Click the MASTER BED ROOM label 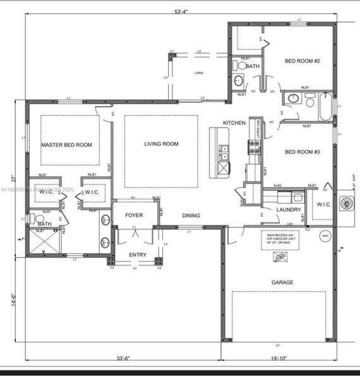[x=66, y=145]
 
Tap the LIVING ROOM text [x=161, y=144]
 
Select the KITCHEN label [x=233, y=123]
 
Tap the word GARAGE [x=282, y=282]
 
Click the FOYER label [x=133, y=215]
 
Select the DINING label [x=191, y=215]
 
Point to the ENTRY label [x=137, y=255]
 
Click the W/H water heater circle [x=325, y=236]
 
